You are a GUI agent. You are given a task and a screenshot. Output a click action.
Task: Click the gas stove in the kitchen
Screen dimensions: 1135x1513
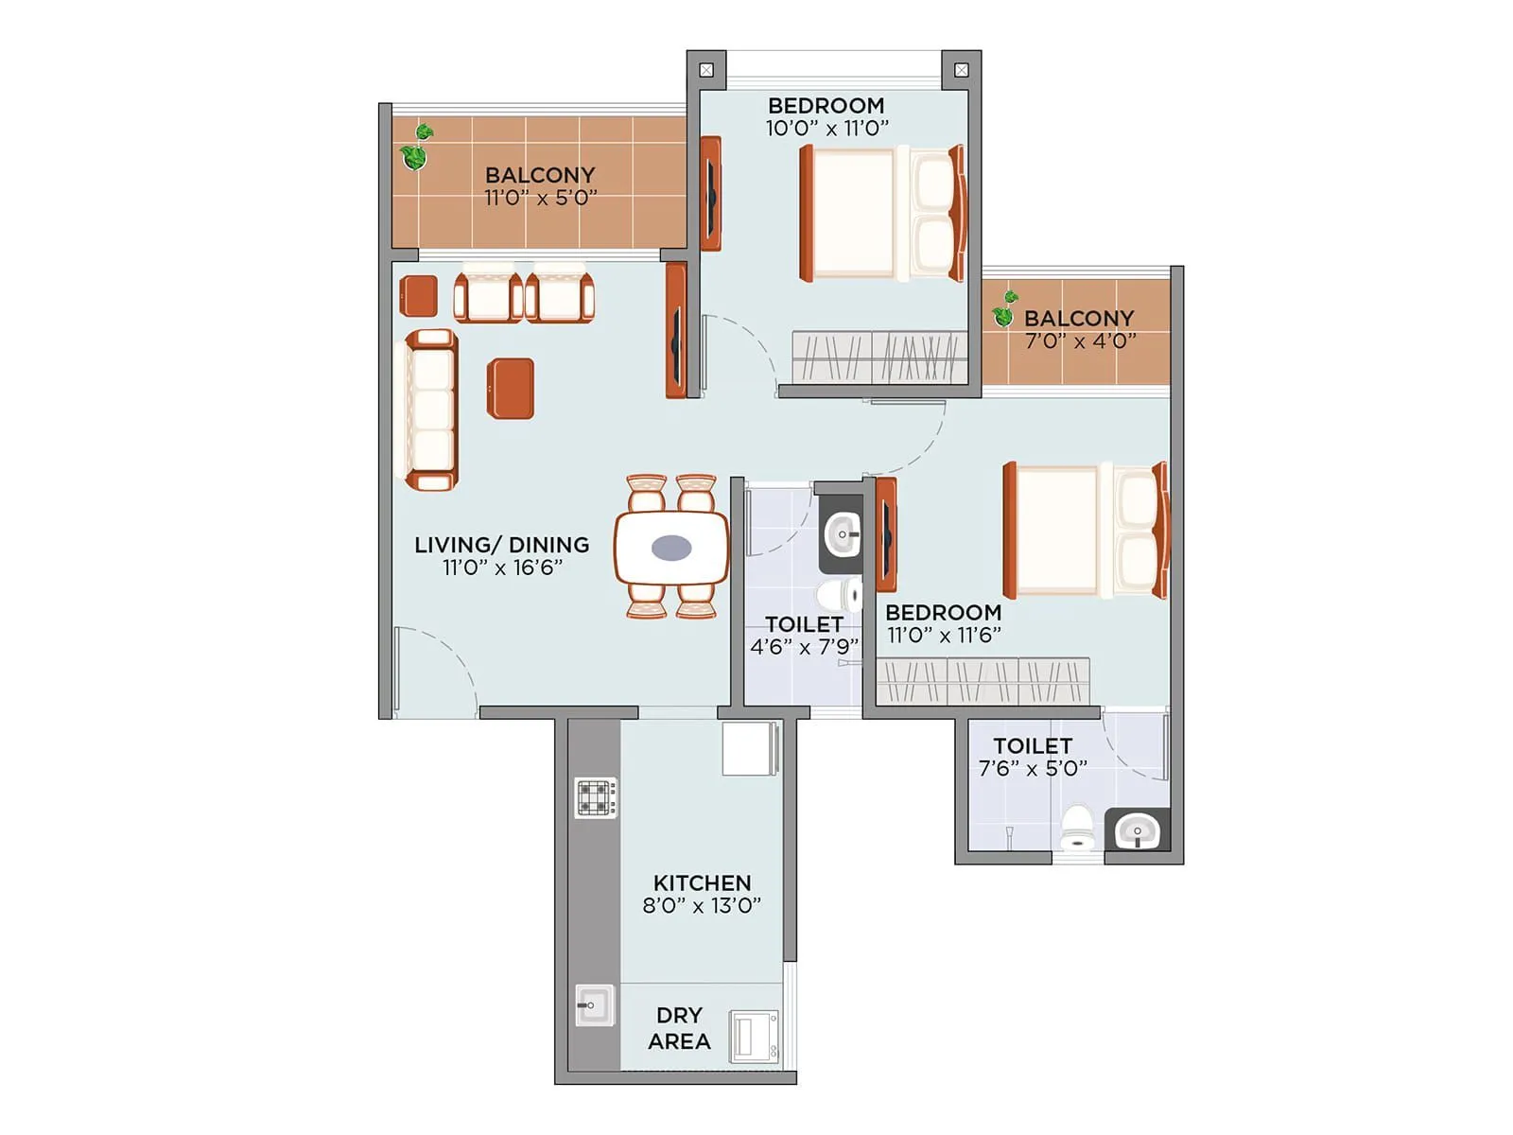(596, 797)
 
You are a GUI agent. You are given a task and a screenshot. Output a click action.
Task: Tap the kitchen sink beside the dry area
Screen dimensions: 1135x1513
(595, 1004)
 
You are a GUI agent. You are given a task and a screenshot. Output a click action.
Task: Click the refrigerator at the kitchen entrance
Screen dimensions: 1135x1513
(750, 748)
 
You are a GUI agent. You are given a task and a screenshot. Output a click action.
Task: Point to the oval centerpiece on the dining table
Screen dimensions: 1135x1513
(671, 548)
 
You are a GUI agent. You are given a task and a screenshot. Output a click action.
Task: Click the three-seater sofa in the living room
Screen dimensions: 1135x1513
(431, 410)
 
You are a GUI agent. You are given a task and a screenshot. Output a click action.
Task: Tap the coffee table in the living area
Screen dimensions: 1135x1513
(511, 388)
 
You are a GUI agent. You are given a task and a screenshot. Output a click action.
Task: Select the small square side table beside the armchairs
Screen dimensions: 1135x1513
(418, 296)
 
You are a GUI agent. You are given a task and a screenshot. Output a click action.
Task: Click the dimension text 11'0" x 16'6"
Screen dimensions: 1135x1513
(502, 567)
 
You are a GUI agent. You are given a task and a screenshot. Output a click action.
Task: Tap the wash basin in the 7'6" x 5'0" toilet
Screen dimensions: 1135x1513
(1137, 831)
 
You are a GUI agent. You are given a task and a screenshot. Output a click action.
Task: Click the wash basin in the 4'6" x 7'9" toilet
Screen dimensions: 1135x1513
(842, 535)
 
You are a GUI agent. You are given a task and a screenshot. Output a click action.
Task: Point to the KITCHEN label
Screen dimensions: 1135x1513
(702, 882)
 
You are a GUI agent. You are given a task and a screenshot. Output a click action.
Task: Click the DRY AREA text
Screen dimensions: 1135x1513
(679, 1028)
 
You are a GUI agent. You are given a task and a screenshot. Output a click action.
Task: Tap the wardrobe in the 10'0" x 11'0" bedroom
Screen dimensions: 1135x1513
(878, 358)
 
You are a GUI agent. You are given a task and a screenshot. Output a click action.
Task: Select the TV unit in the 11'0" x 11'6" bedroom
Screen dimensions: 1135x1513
(886, 534)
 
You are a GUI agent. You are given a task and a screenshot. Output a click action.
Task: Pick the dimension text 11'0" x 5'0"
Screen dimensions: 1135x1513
(540, 198)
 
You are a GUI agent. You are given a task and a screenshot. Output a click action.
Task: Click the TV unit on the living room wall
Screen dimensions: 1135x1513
(675, 330)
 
